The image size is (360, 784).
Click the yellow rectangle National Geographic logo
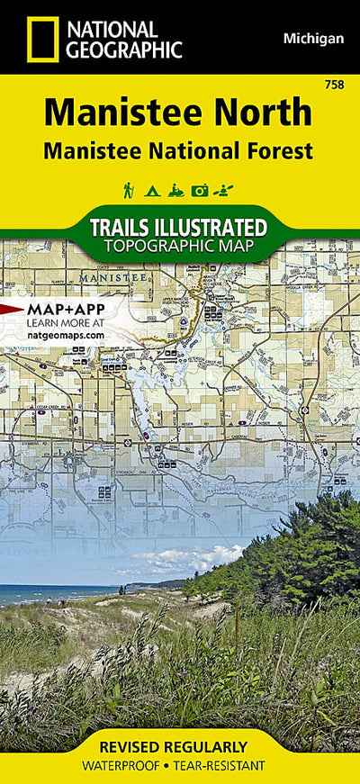coord(42,39)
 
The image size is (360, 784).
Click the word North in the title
coord(266,113)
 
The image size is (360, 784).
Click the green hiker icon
coord(129,190)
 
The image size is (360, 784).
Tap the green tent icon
coord(151,190)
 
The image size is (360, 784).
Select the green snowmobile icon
coord(175,190)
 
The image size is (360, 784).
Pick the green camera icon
coord(200,190)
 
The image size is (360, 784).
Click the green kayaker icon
coord(225,190)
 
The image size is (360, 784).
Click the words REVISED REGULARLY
coord(180,747)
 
